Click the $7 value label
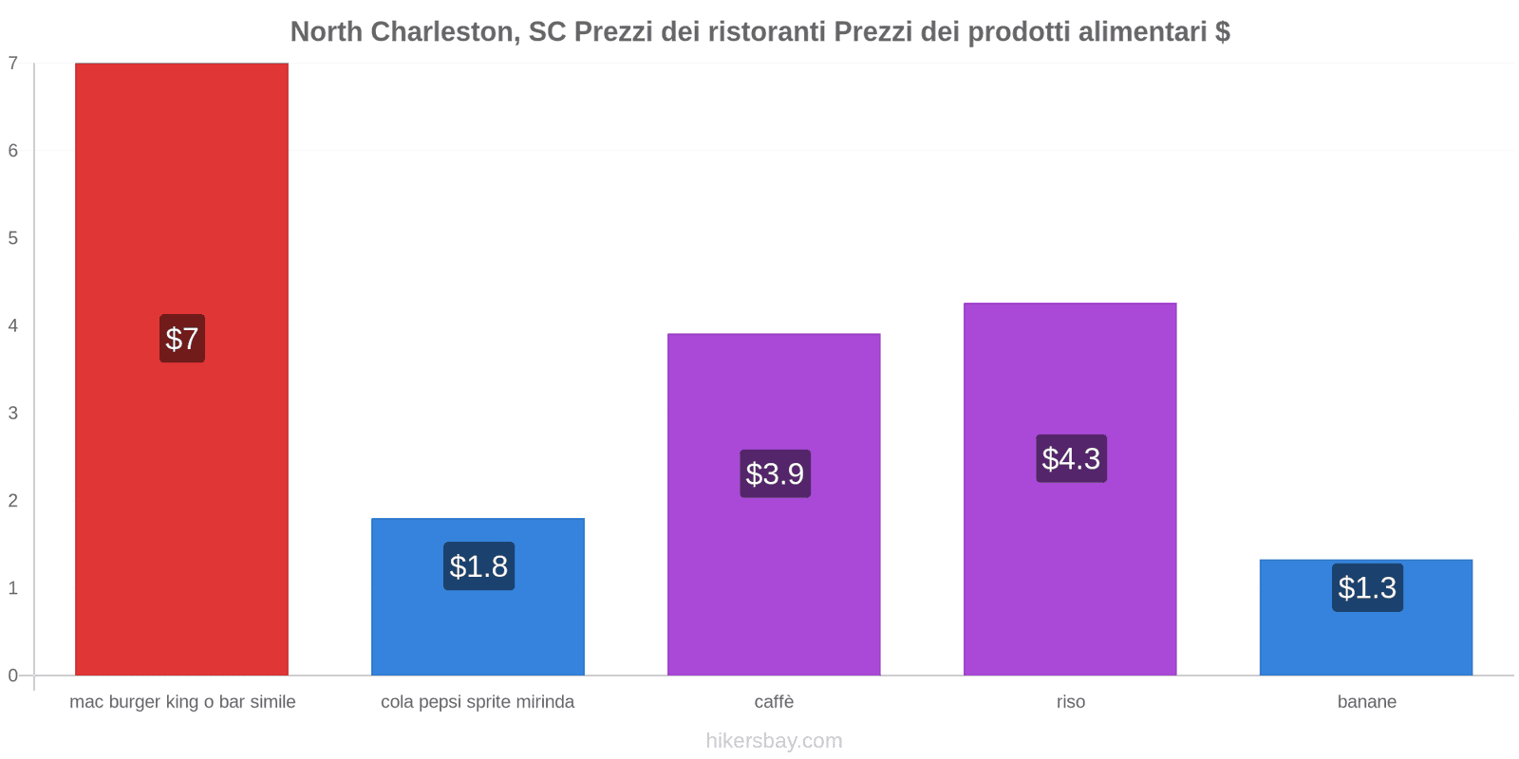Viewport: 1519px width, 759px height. pos(182,339)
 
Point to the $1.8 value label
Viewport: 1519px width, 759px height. pos(478,566)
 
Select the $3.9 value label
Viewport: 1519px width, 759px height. pos(775,473)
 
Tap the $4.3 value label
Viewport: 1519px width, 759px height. pos(1071,458)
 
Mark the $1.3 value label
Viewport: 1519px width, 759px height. pos(1367,588)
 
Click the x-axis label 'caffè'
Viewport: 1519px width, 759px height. pos(774,702)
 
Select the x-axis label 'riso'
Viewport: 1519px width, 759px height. pos(1070,702)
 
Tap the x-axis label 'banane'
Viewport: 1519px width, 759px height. pos(1366,702)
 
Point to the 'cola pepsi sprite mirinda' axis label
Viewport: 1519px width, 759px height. pos(478,702)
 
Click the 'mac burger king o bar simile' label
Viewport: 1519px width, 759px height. pos(182,702)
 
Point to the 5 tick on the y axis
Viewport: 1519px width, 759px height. pos(13,238)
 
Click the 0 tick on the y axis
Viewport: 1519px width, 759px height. pos(13,676)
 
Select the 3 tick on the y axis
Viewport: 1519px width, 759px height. pos(13,413)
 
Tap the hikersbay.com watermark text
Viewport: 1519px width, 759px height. pos(774,741)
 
